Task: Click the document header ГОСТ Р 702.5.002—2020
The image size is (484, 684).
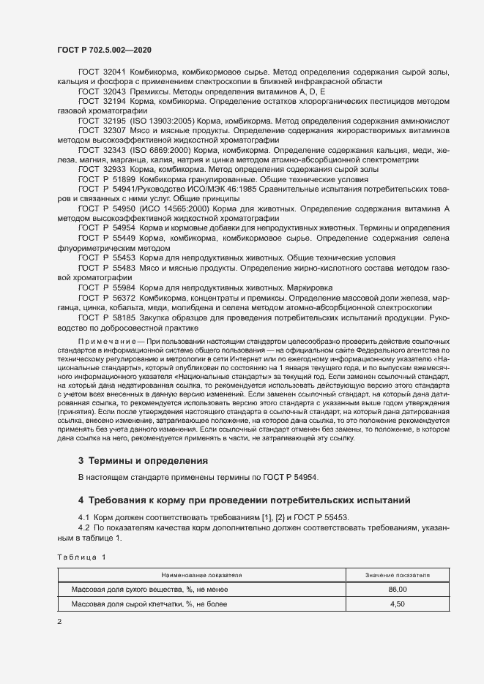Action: [x=104, y=50]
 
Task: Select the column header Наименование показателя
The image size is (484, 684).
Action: [x=203, y=576]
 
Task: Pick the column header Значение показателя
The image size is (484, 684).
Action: [x=397, y=576]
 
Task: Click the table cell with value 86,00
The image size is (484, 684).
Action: [x=397, y=589]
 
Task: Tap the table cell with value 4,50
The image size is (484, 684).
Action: [x=397, y=605]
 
